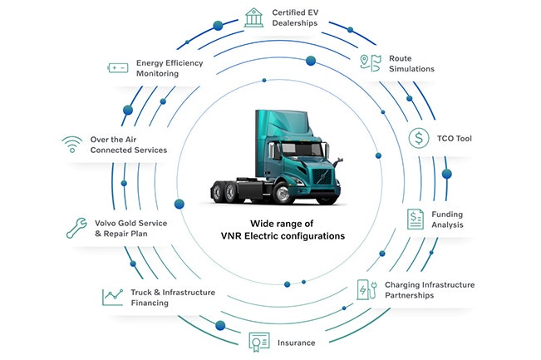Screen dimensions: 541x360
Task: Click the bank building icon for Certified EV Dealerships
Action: (x=253, y=17)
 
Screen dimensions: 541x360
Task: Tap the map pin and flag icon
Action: (x=371, y=63)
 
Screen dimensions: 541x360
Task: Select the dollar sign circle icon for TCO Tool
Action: (x=419, y=138)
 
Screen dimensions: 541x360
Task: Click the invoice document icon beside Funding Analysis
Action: (x=416, y=219)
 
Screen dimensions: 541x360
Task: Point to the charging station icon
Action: (x=367, y=289)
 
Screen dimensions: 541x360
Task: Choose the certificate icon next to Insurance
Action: (x=259, y=342)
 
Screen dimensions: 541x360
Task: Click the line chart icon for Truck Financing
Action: (x=113, y=297)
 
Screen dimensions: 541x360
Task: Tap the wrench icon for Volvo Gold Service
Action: (x=76, y=228)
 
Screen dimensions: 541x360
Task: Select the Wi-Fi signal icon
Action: (x=72, y=145)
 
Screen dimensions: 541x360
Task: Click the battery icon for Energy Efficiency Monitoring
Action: (x=118, y=68)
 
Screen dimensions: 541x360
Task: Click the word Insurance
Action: (x=297, y=343)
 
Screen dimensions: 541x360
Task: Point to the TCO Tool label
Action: (x=454, y=138)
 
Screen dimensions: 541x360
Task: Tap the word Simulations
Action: (x=411, y=69)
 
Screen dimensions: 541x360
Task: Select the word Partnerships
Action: (x=409, y=295)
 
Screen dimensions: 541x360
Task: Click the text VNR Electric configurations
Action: (x=283, y=236)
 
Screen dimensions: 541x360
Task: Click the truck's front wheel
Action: (x=283, y=194)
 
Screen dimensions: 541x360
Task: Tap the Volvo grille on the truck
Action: (x=322, y=176)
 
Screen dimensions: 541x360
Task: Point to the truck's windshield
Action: (x=302, y=149)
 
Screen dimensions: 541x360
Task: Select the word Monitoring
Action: (x=157, y=73)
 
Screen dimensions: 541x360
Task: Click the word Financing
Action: (x=150, y=303)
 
